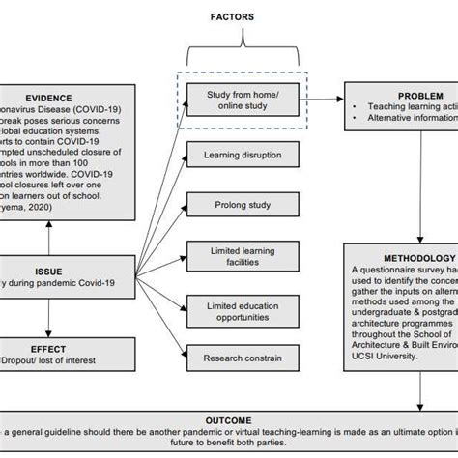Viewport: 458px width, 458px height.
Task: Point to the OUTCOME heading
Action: pos(228,421)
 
